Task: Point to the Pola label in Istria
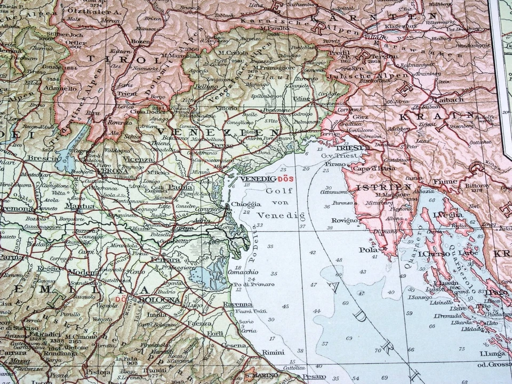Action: coord(368,250)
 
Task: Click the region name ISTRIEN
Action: coord(377,187)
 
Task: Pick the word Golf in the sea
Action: coord(276,191)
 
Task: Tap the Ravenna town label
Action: coord(237,304)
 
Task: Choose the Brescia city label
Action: coord(41,158)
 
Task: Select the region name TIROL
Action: coord(108,59)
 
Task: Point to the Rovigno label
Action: coord(345,220)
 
